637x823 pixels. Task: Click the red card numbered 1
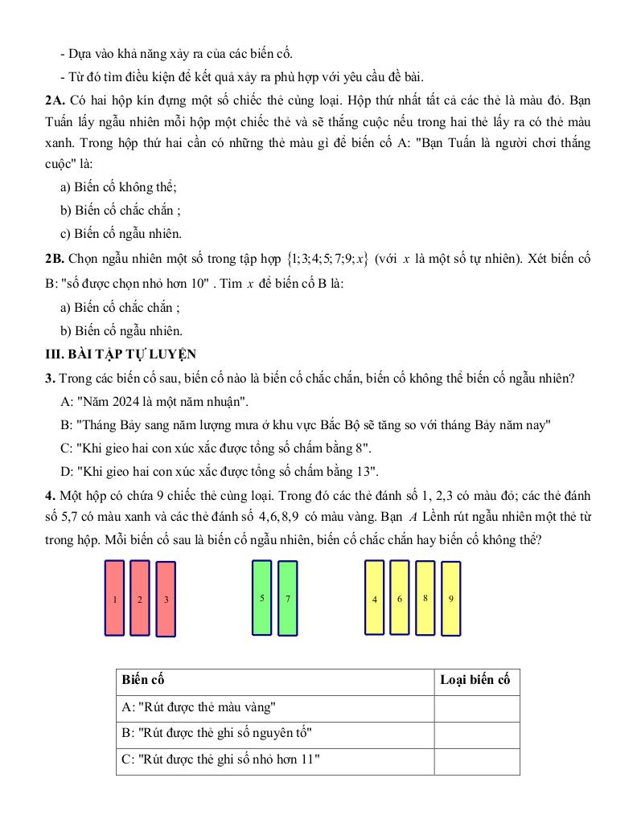click(115, 598)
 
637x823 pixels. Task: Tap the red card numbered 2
click(140, 598)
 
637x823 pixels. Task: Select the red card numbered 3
click(166, 599)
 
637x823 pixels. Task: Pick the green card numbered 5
click(262, 597)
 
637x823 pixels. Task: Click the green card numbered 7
click(288, 598)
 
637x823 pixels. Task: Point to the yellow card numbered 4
click(375, 598)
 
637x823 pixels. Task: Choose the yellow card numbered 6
click(400, 597)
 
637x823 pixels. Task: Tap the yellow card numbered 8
click(425, 597)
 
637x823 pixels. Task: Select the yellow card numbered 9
click(450, 598)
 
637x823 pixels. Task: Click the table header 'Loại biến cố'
click(475, 680)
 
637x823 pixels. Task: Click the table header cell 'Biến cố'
click(143, 680)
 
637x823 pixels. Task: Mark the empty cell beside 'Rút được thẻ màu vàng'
click(476, 707)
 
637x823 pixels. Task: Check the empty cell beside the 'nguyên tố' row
click(476, 734)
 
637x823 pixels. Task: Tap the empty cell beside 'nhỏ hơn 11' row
click(476, 760)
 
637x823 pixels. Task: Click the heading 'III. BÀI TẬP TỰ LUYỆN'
click(121, 354)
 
